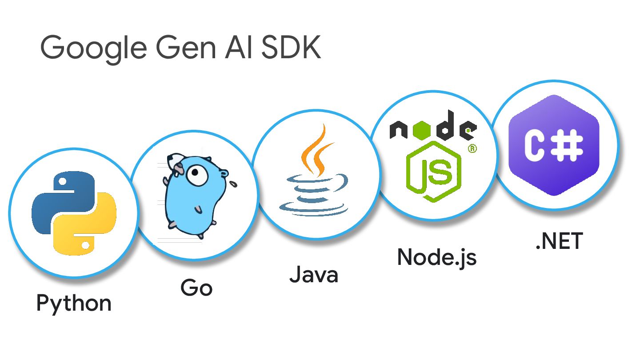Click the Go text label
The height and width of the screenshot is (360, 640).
click(196, 288)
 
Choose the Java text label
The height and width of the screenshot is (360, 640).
click(314, 275)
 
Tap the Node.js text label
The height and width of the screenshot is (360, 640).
click(436, 257)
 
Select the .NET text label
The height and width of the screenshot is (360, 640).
click(559, 242)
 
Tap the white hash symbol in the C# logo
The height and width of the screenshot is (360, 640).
click(568, 145)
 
